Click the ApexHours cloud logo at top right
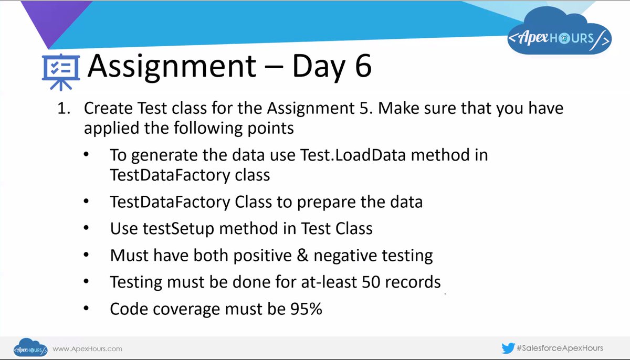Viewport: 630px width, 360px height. coord(560,38)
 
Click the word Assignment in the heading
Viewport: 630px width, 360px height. coord(172,67)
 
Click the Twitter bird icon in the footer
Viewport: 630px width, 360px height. coord(508,348)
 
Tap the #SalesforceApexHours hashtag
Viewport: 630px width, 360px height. coord(560,348)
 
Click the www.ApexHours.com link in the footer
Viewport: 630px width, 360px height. coord(88,348)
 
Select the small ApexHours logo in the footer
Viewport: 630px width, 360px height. coord(30,348)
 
